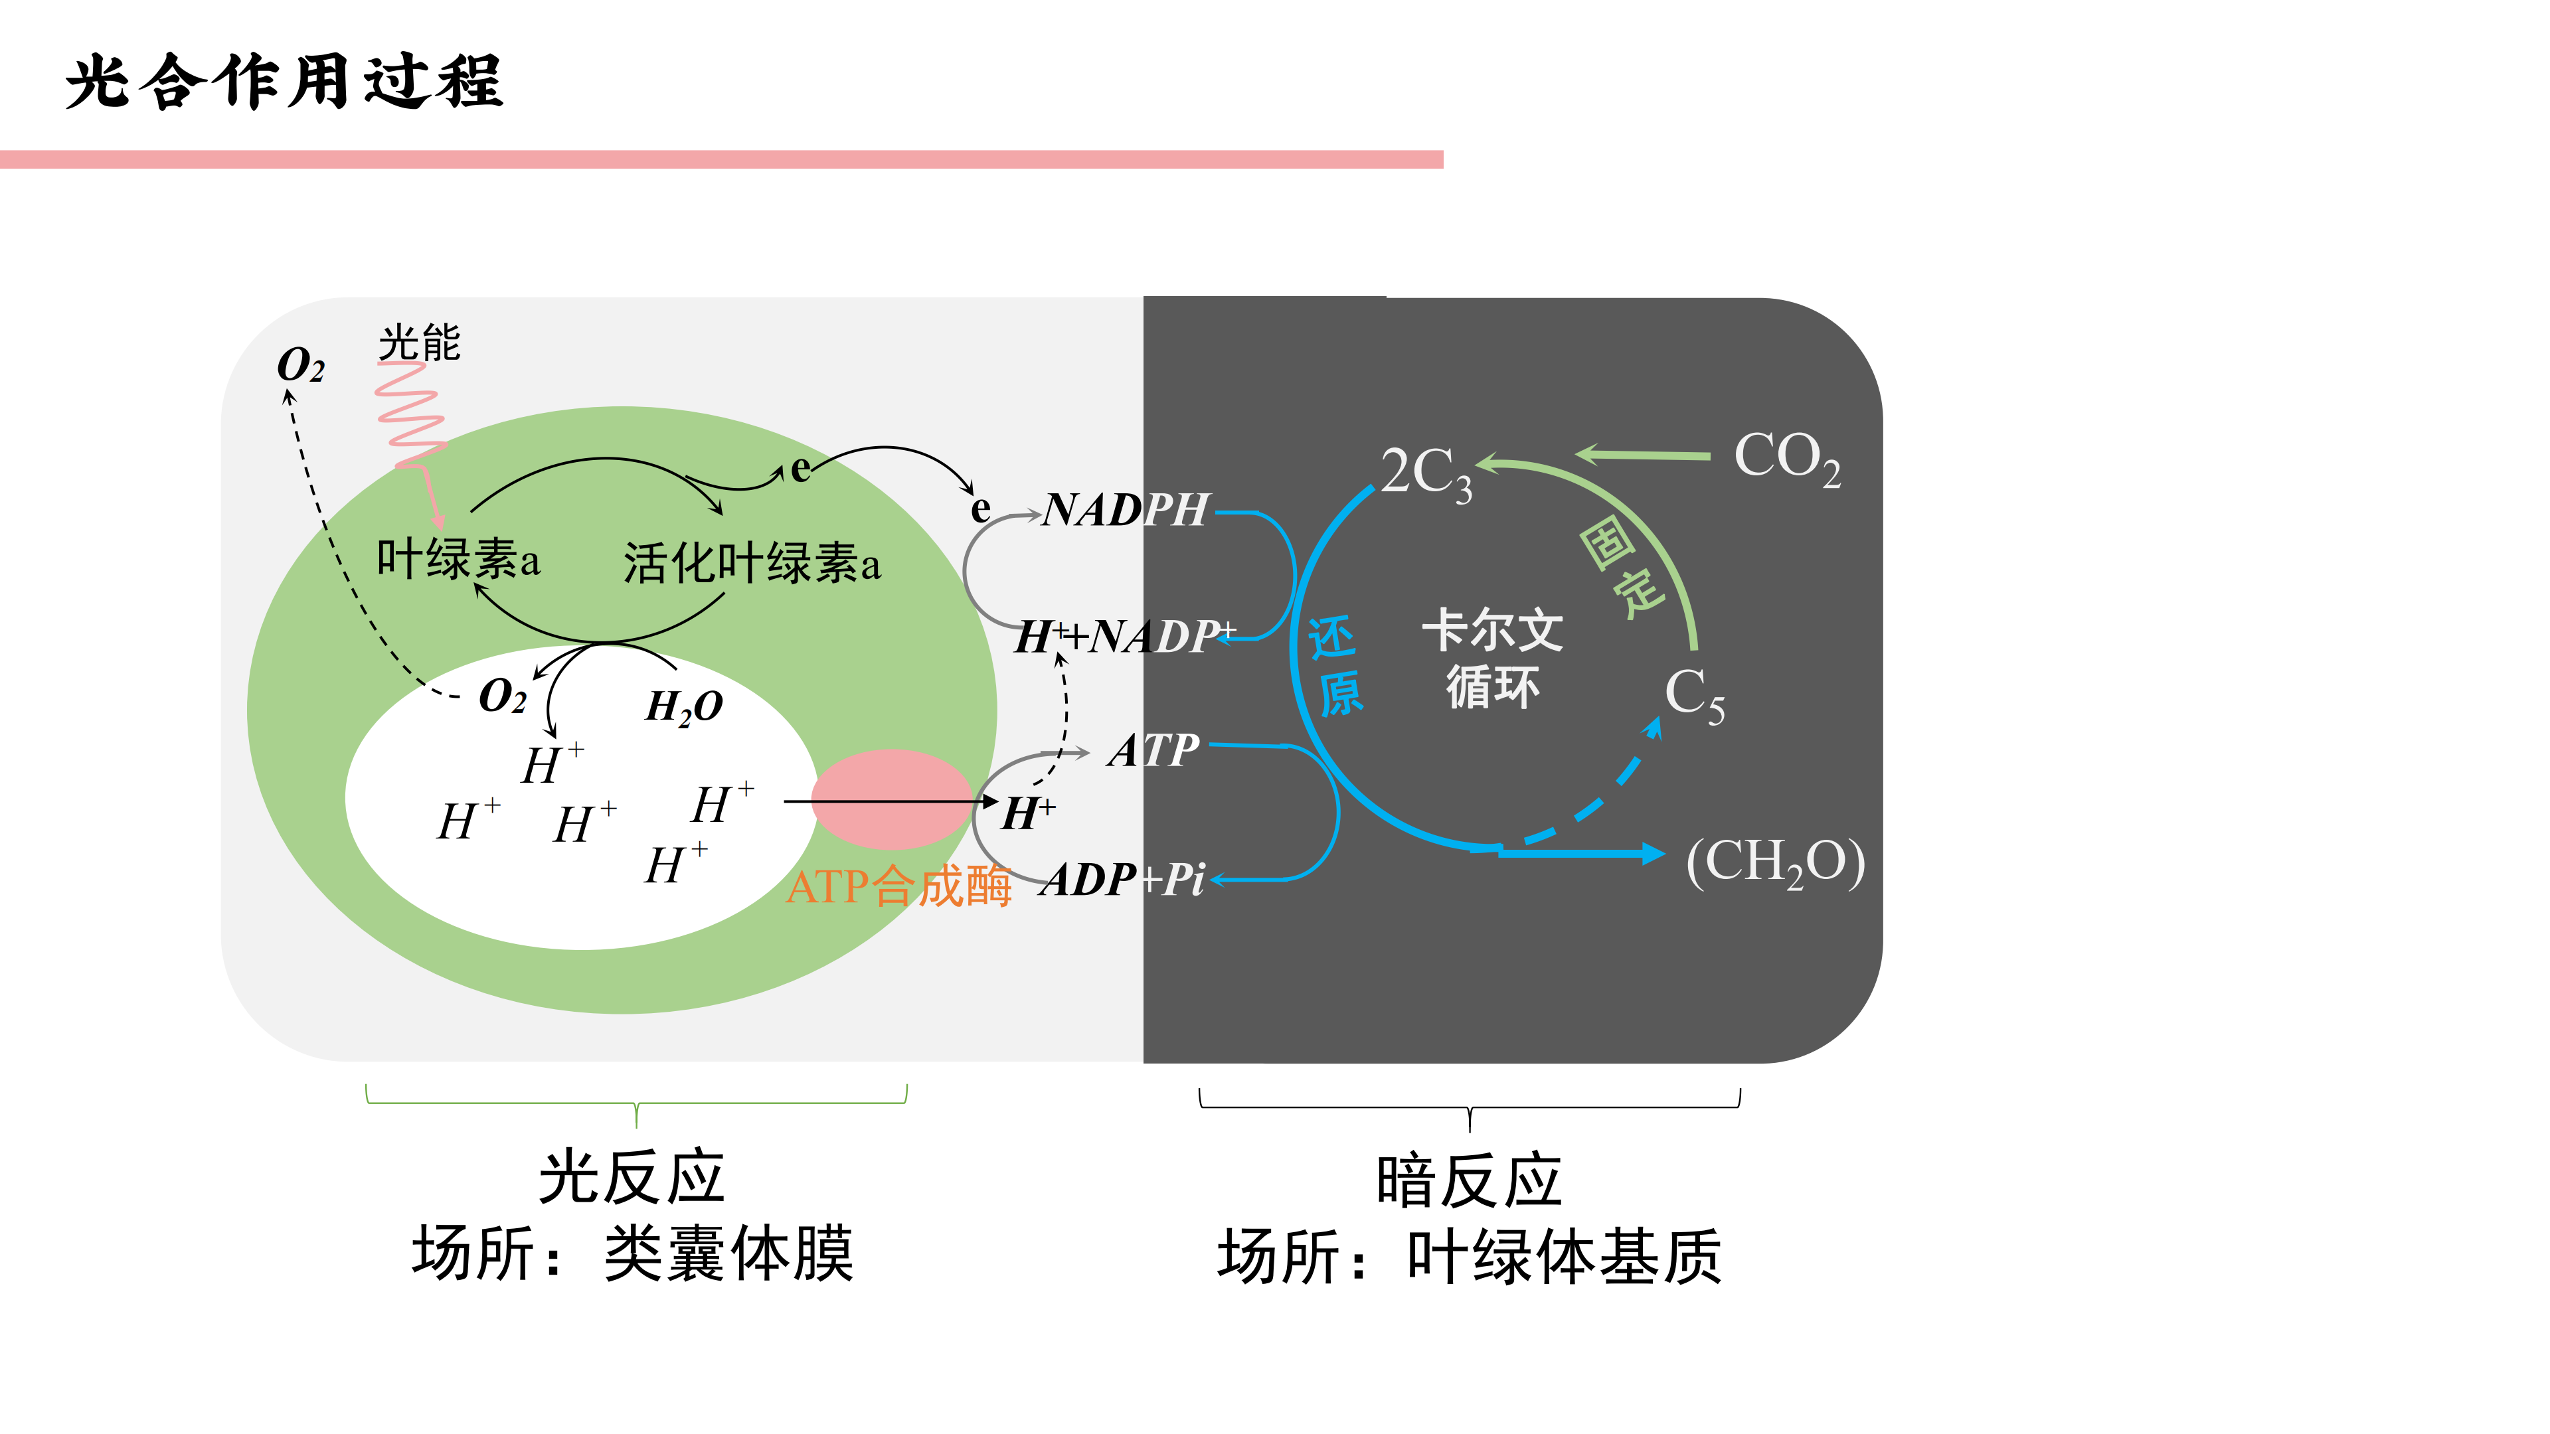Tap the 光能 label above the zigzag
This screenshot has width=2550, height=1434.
[420, 343]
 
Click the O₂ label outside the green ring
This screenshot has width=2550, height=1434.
[301, 365]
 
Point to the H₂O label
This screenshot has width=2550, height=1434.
[684, 706]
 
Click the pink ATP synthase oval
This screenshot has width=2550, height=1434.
[891, 799]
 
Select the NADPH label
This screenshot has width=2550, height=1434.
[1126, 511]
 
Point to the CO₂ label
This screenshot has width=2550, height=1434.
[1787, 458]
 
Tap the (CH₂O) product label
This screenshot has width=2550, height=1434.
[1776, 861]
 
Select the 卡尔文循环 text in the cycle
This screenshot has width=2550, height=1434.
[1493, 658]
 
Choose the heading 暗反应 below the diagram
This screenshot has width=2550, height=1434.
[1469, 1180]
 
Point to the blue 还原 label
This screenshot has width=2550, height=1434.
[1336, 665]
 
